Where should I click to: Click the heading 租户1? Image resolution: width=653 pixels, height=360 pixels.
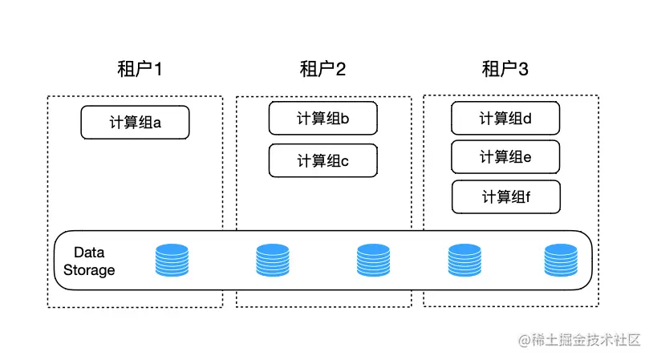pyautogui.click(x=140, y=70)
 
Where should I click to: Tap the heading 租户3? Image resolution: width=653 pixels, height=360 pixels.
pyautogui.click(x=505, y=70)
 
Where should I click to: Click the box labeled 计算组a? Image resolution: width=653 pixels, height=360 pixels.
pyautogui.click(x=135, y=123)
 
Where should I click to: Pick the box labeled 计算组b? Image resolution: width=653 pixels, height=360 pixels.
pyautogui.click(x=322, y=119)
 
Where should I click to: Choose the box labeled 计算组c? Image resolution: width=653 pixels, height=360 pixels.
pyautogui.click(x=322, y=160)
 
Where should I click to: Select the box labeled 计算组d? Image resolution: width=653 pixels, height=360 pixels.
pyautogui.click(x=505, y=119)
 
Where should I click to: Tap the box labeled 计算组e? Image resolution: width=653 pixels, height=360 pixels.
pyautogui.click(x=505, y=157)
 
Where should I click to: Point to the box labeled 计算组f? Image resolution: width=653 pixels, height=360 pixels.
pyautogui.click(x=505, y=197)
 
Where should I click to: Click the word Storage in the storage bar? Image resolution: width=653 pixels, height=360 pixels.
pyautogui.click(x=89, y=270)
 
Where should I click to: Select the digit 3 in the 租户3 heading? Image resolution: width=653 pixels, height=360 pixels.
pyautogui.click(x=523, y=70)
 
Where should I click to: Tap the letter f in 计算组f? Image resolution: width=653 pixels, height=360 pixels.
pyautogui.click(x=528, y=197)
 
